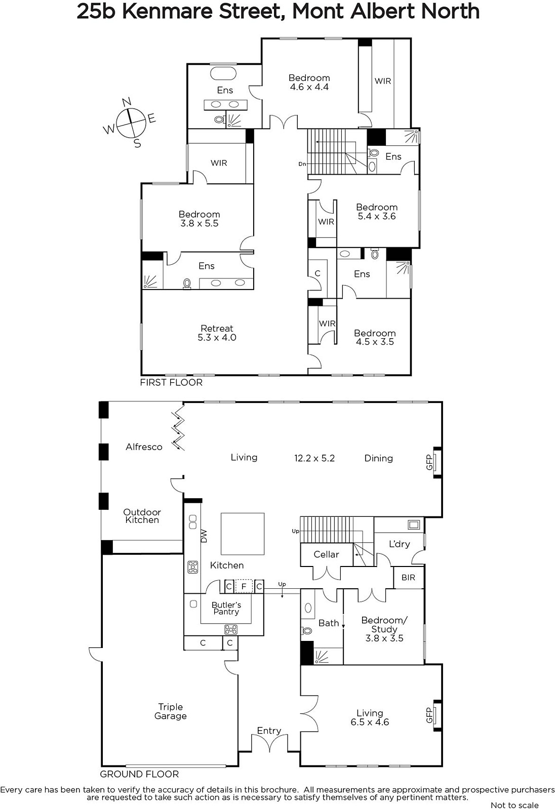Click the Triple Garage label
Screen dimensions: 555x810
(171, 711)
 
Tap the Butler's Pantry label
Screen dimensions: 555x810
(226, 608)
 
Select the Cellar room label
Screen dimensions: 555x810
(326, 554)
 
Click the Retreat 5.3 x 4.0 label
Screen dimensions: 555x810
(217, 333)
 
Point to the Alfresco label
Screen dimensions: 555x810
(144, 447)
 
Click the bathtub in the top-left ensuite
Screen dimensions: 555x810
(223, 73)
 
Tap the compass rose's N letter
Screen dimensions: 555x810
(127, 102)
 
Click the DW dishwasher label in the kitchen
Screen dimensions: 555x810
(204, 536)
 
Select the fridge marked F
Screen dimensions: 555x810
(244, 586)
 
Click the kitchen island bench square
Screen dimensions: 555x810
(243, 534)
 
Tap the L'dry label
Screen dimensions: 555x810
(400, 544)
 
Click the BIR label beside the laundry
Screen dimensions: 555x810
(409, 578)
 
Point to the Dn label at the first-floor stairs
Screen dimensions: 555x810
(302, 164)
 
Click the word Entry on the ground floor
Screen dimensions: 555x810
(269, 731)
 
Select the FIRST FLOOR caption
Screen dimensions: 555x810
(171, 382)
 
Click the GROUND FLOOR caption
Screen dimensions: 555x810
(139, 774)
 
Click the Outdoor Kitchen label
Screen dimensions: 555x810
(142, 516)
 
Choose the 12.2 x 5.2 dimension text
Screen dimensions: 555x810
(314, 458)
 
